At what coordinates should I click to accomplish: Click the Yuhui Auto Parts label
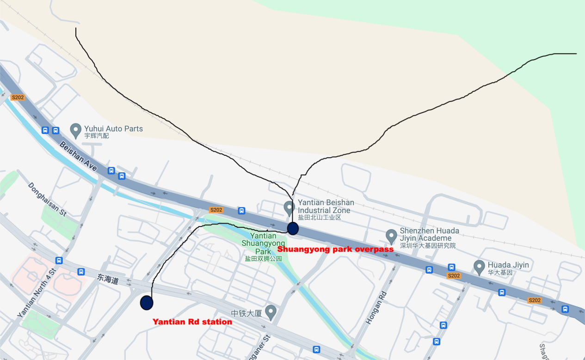113,128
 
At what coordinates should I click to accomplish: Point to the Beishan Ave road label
78,157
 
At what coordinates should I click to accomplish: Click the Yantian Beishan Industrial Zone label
326,206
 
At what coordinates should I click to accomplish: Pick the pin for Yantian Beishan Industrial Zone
289,207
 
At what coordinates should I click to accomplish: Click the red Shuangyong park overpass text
335,249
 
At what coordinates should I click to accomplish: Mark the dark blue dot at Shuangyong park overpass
293,228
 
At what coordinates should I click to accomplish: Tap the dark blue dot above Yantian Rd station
147,303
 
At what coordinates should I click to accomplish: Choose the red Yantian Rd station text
192,322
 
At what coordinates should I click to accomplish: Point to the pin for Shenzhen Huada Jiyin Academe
391,236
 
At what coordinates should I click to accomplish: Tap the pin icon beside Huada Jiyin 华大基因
479,267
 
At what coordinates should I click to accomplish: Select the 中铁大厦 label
247,313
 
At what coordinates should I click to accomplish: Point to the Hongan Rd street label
376,307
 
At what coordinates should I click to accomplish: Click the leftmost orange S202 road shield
18,98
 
